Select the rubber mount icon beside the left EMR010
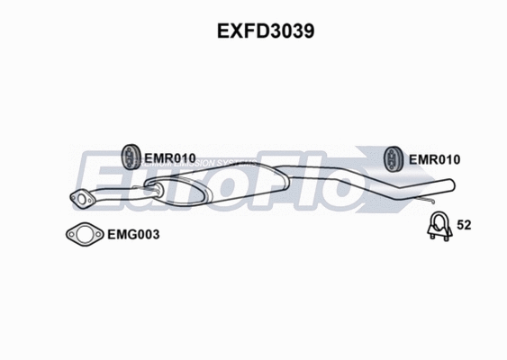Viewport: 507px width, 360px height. pyautogui.click(x=129, y=156)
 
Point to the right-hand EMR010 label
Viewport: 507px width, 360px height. pyautogui.click(x=434, y=159)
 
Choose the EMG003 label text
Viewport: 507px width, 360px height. pyautogui.click(x=131, y=235)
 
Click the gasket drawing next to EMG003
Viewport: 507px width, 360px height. pyautogui.click(x=84, y=234)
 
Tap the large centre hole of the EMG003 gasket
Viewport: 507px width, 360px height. pyautogui.click(x=84, y=234)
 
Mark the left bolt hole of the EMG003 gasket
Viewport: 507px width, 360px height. pyautogui.click(x=70, y=234)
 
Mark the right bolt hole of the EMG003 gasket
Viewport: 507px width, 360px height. pyautogui.click(x=97, y=234)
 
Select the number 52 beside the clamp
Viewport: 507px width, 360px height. pyautogui.click(x=465, y=225)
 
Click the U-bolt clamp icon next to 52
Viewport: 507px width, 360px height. pyautogui.click(x=439, y=229)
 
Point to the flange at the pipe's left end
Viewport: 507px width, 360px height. pyautogui.click(x=80, y=200)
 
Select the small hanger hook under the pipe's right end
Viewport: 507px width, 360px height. pyautogui.click(x=433, y=196)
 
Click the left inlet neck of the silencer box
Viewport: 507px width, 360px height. pyautogui.click(x=151, y=188)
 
